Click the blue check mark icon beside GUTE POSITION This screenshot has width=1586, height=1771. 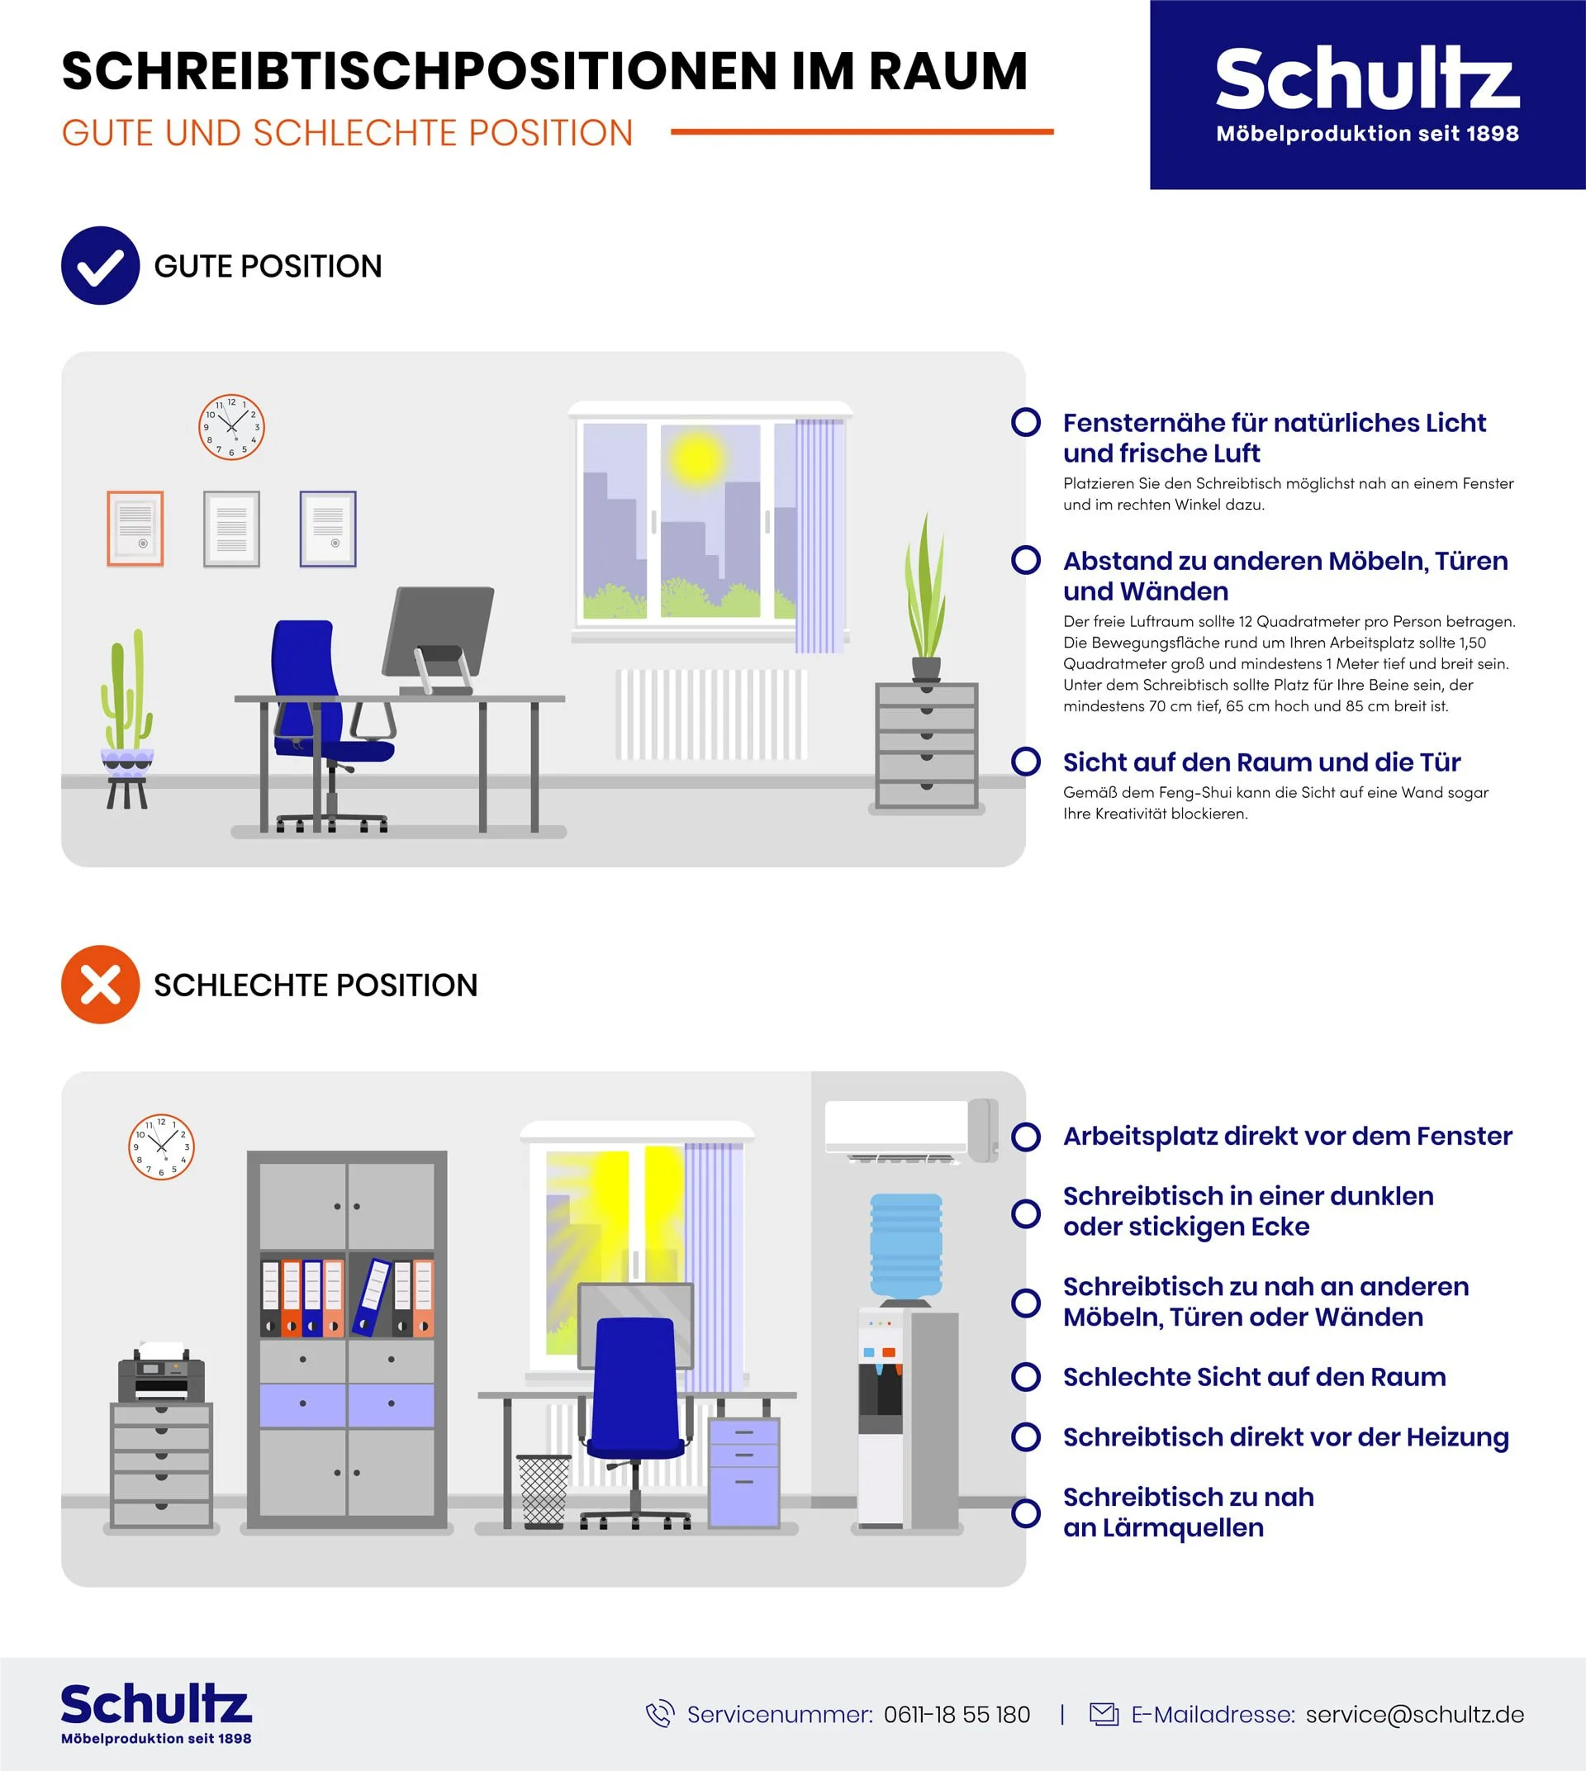(100, 266)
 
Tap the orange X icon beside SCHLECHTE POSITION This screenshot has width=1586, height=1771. (100, 984)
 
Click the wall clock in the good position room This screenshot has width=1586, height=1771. (232, 427)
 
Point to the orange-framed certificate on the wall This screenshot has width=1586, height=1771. (135, 529)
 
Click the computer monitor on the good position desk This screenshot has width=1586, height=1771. (439, 641)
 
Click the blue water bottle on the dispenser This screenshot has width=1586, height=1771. (906, 1246)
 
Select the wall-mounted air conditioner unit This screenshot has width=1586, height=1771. (911, 1130)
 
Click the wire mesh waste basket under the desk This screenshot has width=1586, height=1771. (544, 1491)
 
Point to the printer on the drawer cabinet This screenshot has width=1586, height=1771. (161, 1374)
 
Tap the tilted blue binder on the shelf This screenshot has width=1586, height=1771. (371, 1297)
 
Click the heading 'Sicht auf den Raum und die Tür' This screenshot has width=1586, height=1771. (1261, 762)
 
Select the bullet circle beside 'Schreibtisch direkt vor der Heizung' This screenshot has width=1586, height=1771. (1026, 1436)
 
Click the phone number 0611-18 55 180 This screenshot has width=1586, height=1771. (957, 1714)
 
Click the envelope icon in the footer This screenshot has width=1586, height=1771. (1104, 1713)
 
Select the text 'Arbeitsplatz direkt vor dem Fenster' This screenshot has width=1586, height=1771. (1287, 1137)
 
